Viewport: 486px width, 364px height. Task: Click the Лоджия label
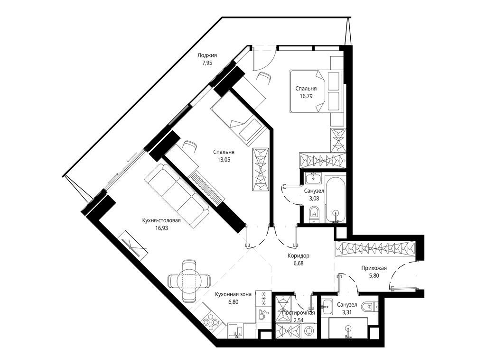pyautogui.click(x=207, y=55)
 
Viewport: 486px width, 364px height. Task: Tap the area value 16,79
pyautogui.click(x=306, y=96)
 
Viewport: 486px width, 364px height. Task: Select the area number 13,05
pyautogui.click(x=224, y=159)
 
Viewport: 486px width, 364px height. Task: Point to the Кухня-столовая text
pyautogui.click(x=161, y=220)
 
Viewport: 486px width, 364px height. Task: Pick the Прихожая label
pyautogui.click(x=374, y=268)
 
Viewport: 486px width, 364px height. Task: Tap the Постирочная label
pyautogui.click(x=299, y=312)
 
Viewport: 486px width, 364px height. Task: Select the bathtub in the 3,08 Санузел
pyautogui.click(x=336, y=199)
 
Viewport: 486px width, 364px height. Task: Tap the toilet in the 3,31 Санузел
pyautogui.click(x=368, y=307)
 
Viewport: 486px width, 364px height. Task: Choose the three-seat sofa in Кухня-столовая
pyautogui.click(x=177, y=196)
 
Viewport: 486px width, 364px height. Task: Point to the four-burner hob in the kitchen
pyautogui.click(x=210, y=324)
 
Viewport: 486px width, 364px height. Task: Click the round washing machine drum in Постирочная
pyautogui.click(x=309, y=330)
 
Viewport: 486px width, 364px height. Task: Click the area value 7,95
pyautogui.click(x=207, y=63)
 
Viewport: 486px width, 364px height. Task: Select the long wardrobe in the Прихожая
pyautogui.click(x=375, y=248)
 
